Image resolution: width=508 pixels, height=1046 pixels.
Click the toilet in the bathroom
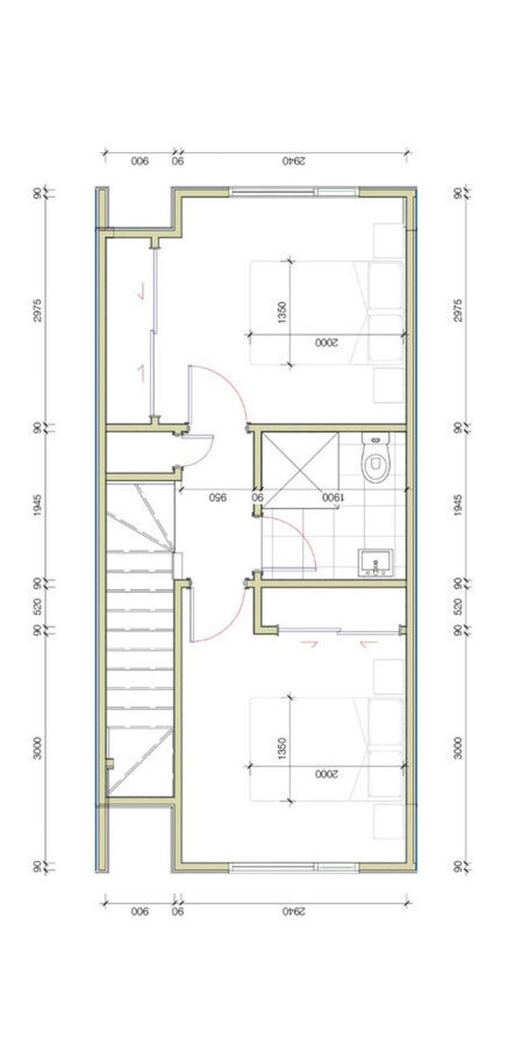click(x=373, y=460)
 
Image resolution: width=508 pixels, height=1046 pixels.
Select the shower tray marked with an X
click(x=299, y=467)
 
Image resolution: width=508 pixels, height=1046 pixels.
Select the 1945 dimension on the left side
click(x=38, y=505)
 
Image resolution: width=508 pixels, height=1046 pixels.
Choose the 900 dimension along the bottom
click(x=140, y=911)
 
